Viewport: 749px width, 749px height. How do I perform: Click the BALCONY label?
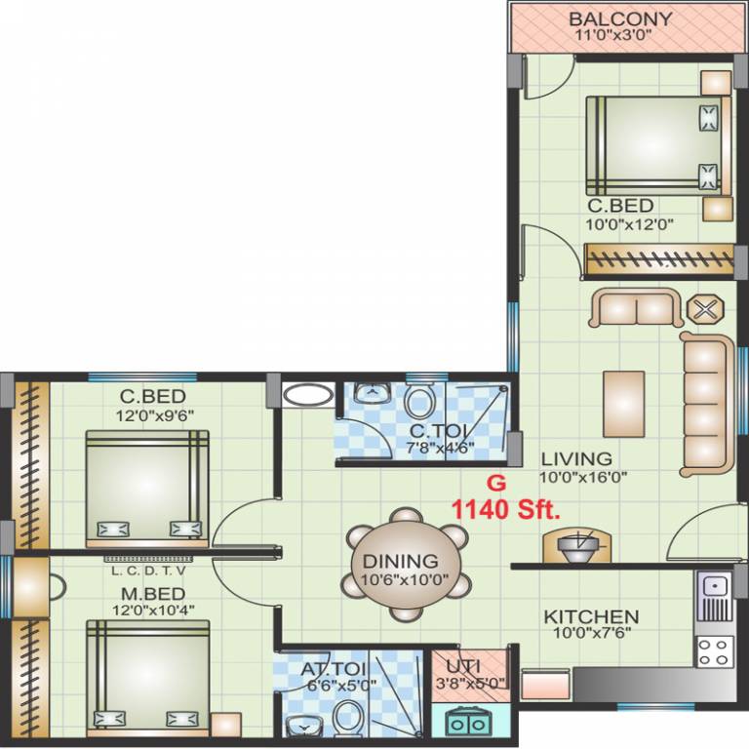[620, 19]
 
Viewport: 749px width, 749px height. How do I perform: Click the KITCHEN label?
[591, 617]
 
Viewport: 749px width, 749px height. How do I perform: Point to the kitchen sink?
[715, 591]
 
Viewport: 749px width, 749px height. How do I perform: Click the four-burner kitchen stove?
[715, 650]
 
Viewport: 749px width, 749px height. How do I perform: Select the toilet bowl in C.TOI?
[419, 402]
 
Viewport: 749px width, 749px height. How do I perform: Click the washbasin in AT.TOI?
[304, 726]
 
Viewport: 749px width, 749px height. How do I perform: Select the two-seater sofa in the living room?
[636, 308]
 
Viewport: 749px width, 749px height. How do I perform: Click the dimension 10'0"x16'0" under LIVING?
[583, 477]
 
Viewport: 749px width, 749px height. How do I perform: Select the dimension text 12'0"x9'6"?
[145, 414]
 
